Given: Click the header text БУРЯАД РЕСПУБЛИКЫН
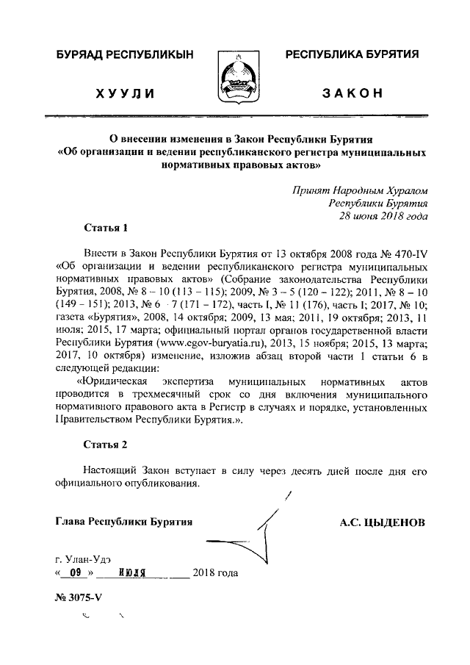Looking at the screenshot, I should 118,55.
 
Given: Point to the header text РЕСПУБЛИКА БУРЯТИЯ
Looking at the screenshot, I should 352,55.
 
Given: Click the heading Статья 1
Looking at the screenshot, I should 106,227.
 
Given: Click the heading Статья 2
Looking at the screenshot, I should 106,445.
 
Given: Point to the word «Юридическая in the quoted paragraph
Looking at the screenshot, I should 111,384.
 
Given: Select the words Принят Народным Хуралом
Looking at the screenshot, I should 359,189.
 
